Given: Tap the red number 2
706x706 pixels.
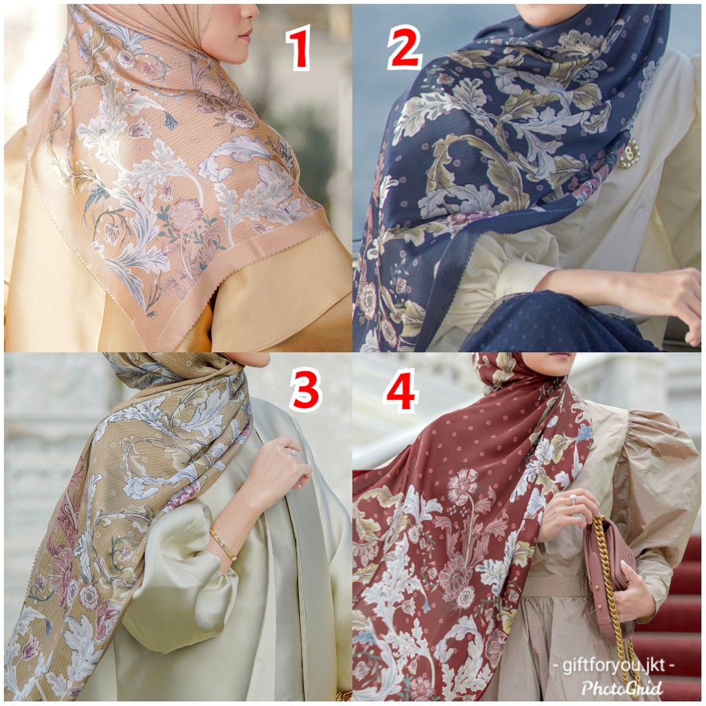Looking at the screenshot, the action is [404, 48].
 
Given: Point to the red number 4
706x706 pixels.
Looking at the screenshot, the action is [401, 390].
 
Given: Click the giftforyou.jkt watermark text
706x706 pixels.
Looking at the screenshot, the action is [613, 665].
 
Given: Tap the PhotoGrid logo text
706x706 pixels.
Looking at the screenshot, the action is [622, 687].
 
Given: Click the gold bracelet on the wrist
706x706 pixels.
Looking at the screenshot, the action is [223, 544].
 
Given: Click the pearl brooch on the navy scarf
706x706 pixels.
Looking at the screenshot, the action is [629, 153].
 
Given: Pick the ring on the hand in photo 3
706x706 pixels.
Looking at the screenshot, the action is [292, 452].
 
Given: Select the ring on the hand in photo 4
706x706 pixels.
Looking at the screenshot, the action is [574, 498].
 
